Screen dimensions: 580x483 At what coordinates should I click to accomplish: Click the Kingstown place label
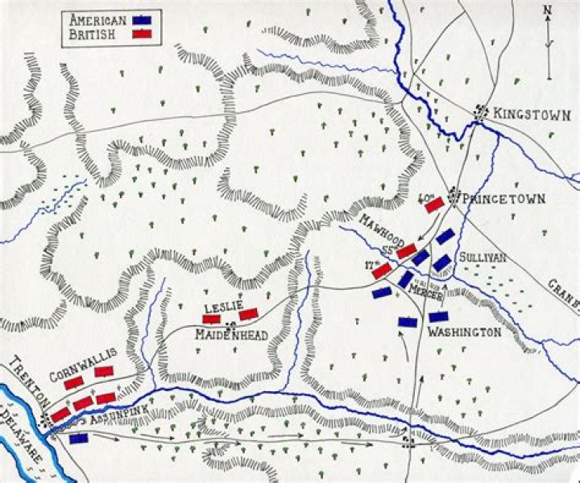[523, 113]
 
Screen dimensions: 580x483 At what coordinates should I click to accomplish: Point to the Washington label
[465, 332]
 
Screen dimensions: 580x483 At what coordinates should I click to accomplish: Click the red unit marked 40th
[435, 206]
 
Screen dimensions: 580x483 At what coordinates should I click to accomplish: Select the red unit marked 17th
[382, 272]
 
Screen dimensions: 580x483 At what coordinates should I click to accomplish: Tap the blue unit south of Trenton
[79, 439]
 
